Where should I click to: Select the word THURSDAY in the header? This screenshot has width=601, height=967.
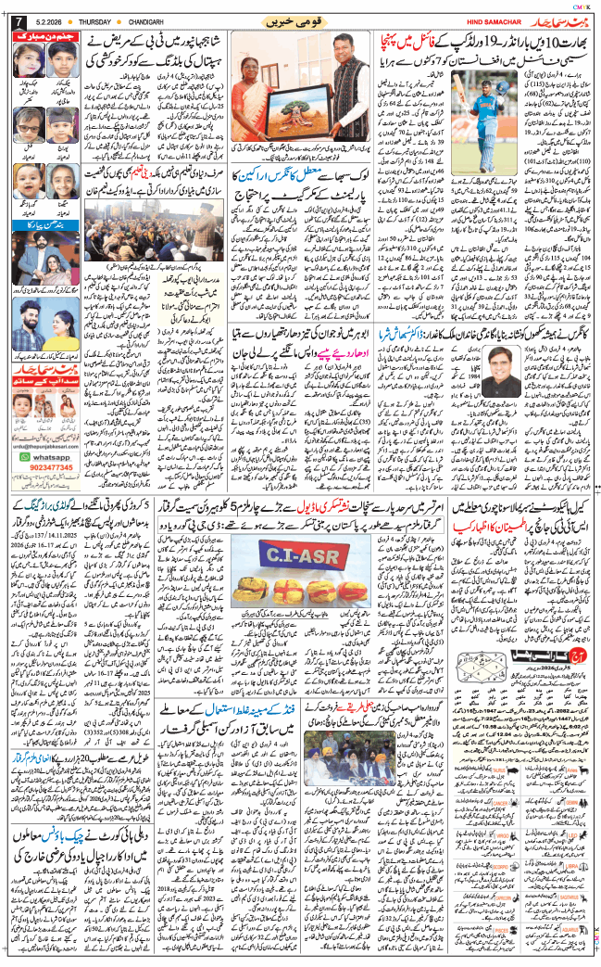(89, 21)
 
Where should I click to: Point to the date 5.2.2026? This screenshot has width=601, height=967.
(48, 21)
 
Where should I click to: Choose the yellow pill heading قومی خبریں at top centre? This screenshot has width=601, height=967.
(302, 20)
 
